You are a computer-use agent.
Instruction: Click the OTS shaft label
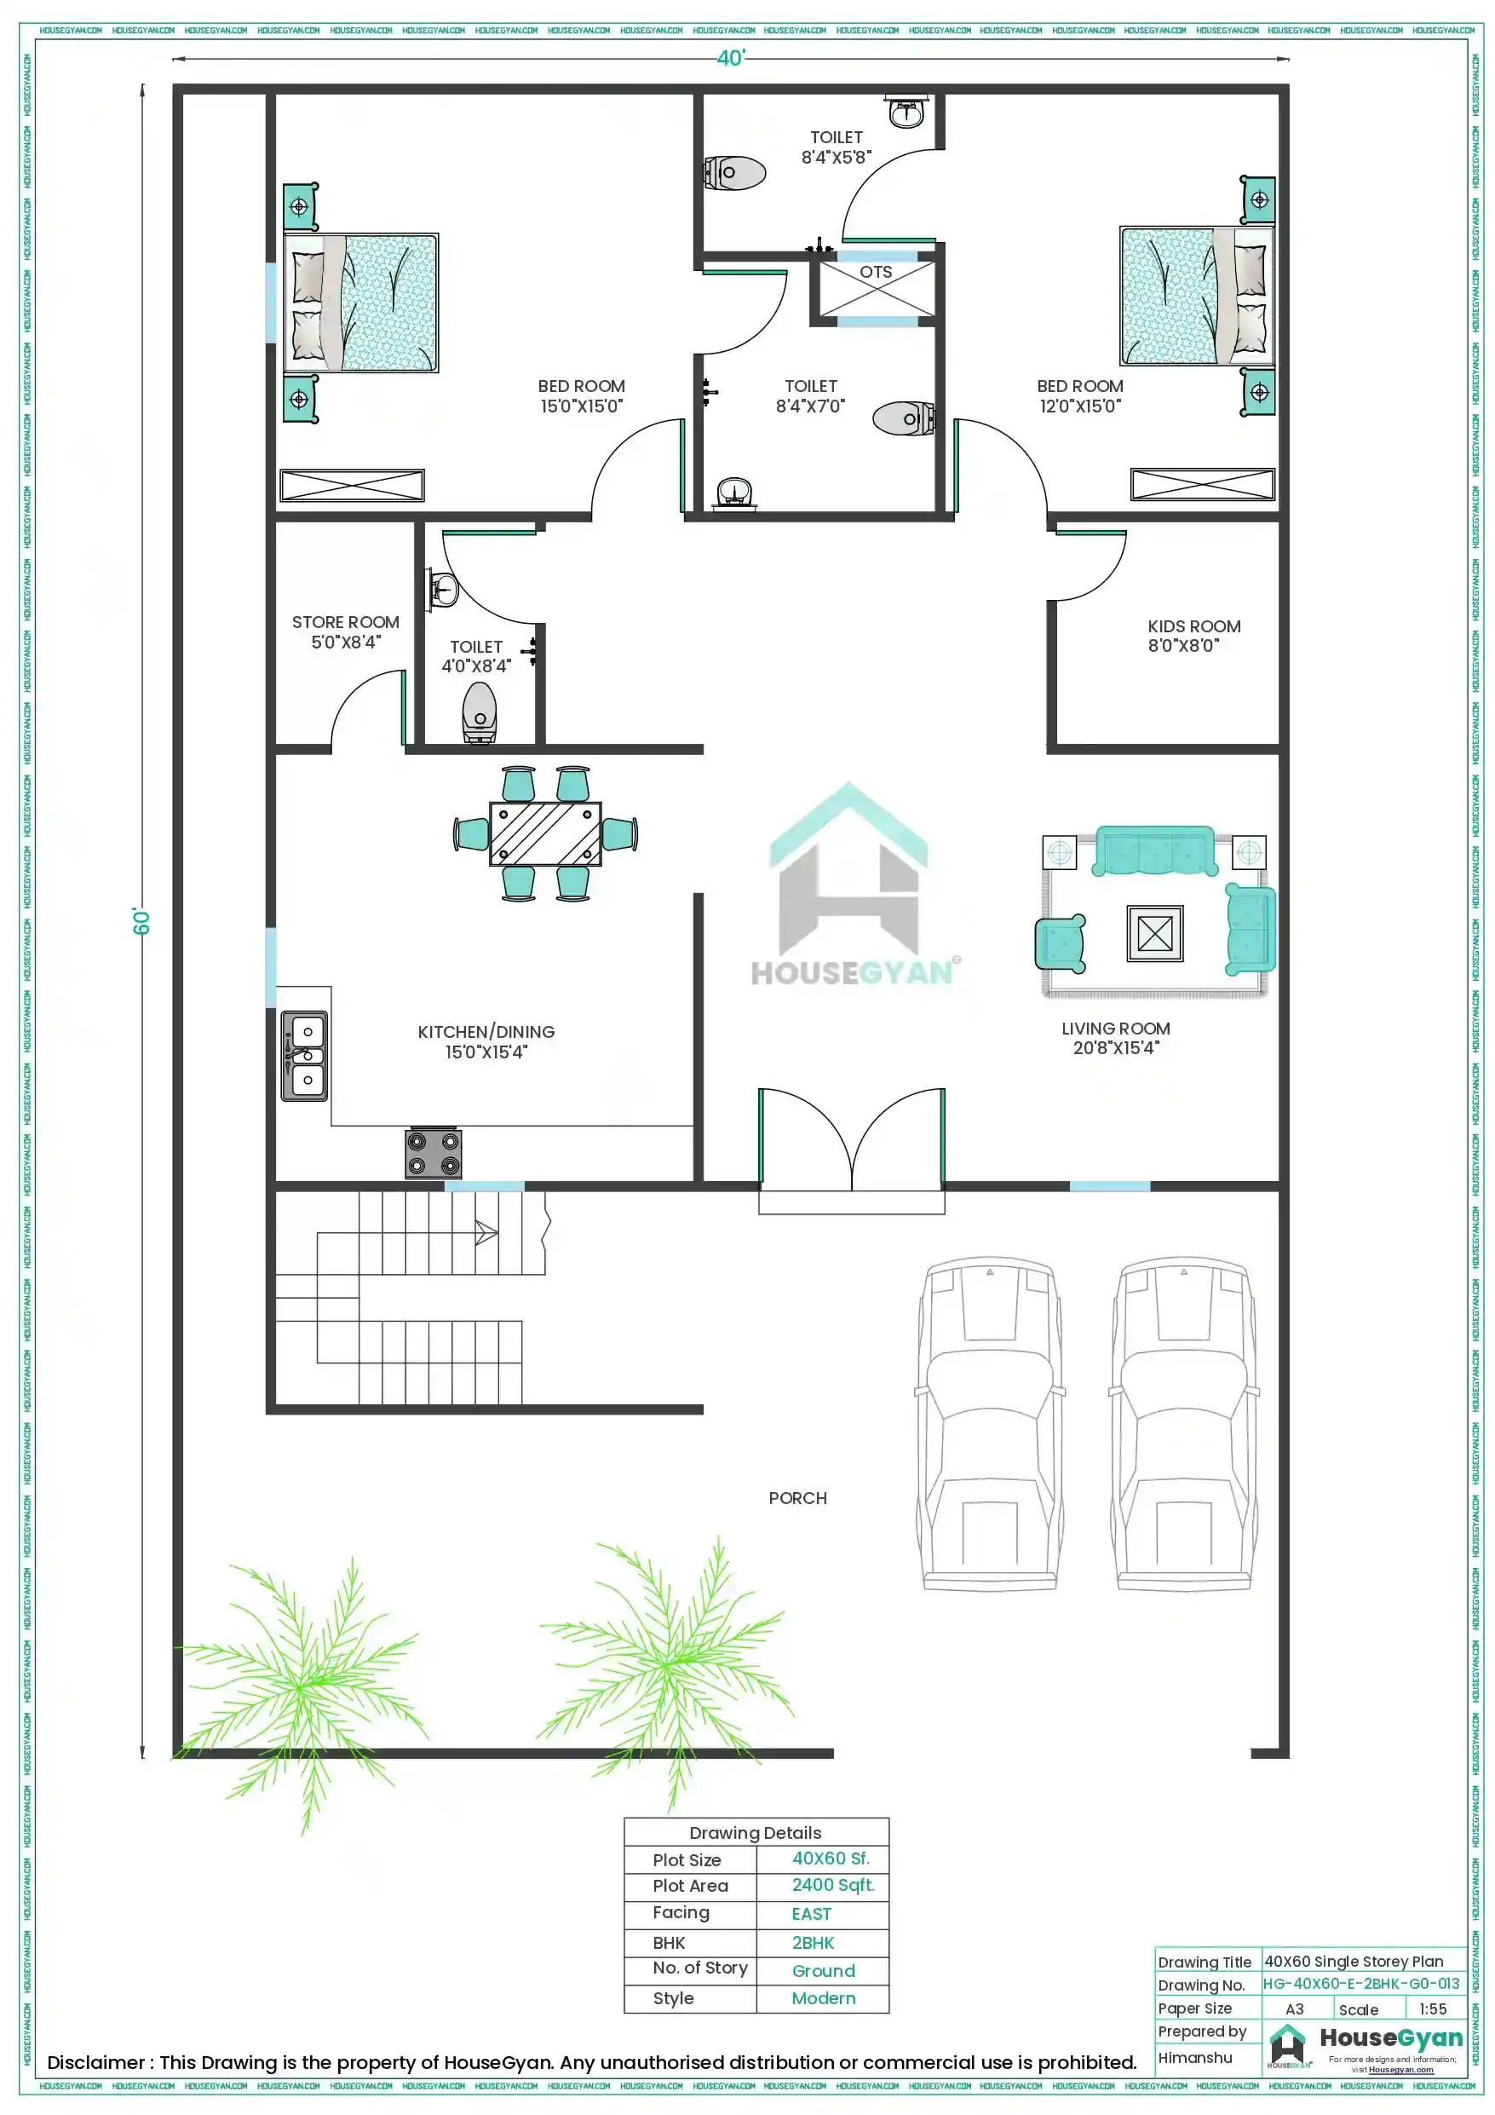(875, 273)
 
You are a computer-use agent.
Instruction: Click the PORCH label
(797, 1499)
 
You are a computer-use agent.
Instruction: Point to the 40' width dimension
(729, 58)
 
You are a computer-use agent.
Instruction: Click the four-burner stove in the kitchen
(433, 1152)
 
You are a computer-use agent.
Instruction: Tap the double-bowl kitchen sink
(305, 1055)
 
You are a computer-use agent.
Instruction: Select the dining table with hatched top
(545, 833)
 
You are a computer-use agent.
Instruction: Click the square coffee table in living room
(1154, 933)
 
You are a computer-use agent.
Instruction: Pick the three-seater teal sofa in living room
(1154, 850)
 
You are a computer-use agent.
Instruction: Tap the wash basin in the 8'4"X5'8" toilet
(906, 112)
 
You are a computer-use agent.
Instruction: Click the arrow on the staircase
(486, 1231)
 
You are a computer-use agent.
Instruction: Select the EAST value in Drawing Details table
(811, 1913)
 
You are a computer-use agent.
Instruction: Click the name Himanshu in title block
(1193, 2057)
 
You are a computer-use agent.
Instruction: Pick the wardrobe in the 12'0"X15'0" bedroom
(1202, 485)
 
